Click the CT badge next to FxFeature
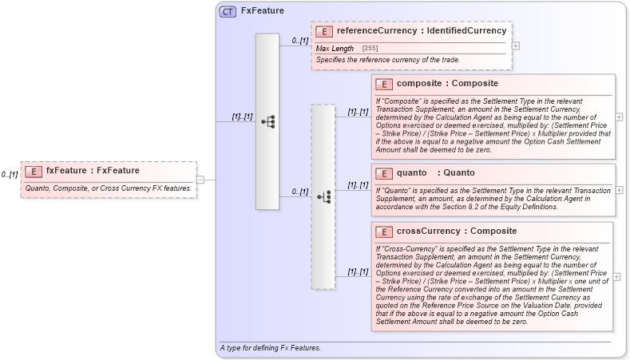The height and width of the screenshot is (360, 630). pos(228,12)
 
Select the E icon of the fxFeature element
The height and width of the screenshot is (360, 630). pos(34,171)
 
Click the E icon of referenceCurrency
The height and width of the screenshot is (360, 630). pos(324,32)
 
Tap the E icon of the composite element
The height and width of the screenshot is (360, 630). pos(384,84)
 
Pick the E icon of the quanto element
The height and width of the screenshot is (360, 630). pos(384,173)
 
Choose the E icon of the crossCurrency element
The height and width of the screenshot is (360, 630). pos(384,232)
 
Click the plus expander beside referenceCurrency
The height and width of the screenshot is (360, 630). pos(515,45)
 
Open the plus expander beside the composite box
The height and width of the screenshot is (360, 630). pos(620,117)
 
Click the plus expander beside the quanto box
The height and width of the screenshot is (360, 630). pos(620,190)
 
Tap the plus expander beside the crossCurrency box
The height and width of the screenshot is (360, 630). pos(620,276)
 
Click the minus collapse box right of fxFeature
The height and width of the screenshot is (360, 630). pos(200,180)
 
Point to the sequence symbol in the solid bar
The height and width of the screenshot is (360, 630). pos(267,121)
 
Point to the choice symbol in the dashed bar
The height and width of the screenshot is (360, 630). pos(323,196)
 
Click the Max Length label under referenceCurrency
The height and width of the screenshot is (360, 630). pos(335,49)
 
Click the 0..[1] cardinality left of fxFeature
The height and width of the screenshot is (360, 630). pos(10,174)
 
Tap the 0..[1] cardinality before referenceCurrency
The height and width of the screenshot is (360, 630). pos(299,40)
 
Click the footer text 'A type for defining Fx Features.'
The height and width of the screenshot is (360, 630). pos(270,348)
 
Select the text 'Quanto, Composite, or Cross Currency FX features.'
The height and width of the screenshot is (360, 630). pos(108,188)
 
